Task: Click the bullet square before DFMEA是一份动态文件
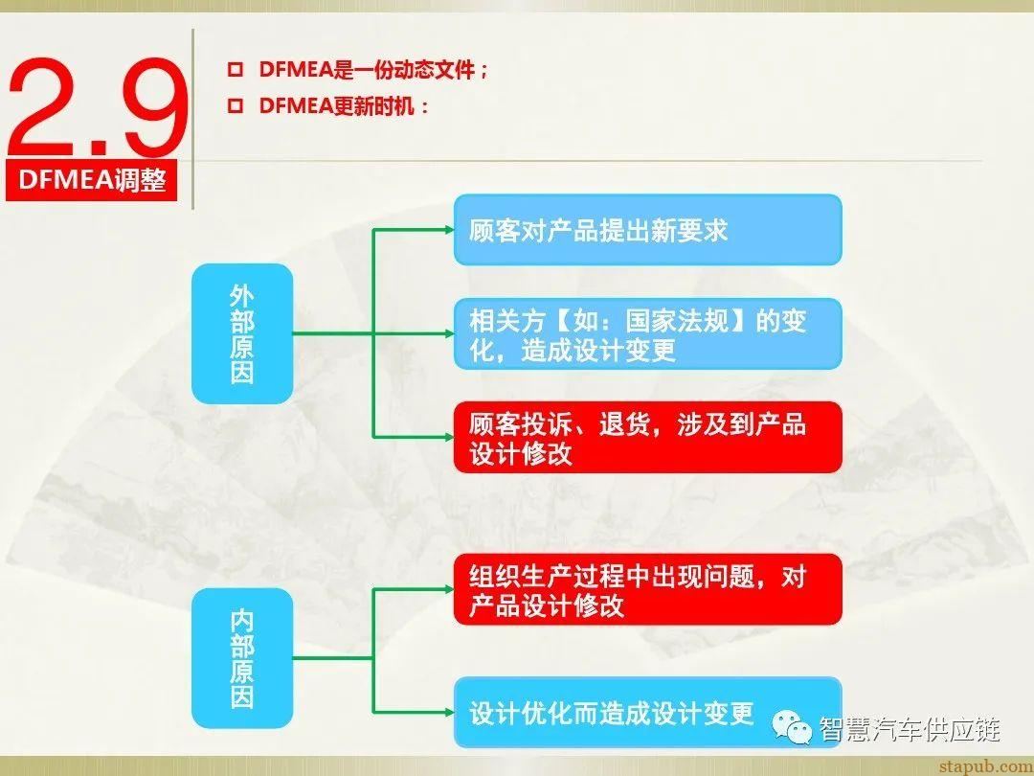click(234, 71)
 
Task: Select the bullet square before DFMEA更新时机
click(234, 106)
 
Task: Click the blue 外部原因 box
click(242, 333)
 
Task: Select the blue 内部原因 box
click(242, 658)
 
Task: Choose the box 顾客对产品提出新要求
click(647, 230)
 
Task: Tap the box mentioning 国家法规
click(647, 333)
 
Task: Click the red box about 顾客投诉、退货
click(647, 437)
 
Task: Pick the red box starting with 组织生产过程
click(647, 589)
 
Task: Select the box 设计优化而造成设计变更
click(647, 713)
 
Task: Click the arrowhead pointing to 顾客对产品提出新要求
click(448, 230)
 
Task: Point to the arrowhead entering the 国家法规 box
click(448, 333)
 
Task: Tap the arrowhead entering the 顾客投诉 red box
click(448, 437)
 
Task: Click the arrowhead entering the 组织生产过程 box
click(448, 589)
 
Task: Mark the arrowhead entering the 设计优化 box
click(448, 713)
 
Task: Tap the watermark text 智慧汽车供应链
click(910, 730)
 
